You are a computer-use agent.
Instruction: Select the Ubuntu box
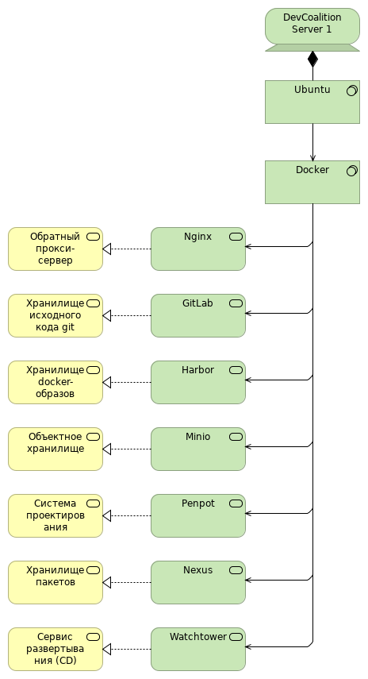pos(312,102)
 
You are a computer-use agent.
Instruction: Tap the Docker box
pos(312,183)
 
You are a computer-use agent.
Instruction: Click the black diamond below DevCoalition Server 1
pos(312,59)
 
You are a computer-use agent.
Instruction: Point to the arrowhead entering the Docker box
pos(312,158)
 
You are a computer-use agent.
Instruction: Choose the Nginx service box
pos(198,249)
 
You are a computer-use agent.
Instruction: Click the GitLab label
pos(197,303)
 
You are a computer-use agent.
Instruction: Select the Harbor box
pos(198,382)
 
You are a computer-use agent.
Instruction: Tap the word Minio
pos(197,437)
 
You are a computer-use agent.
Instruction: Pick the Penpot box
pos(198,515)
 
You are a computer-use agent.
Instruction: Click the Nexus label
pos(197,570)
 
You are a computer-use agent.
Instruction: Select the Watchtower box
pos(198,649)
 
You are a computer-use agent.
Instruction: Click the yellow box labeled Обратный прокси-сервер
pos(56,249)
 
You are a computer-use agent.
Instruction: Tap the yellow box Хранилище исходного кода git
pos(56,316)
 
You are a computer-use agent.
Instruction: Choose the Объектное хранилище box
pos(56,449)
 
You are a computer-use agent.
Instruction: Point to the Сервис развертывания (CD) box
pos(56,649)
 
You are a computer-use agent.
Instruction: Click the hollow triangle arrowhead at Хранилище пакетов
pos(107,582)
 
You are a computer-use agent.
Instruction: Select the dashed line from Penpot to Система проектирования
pos(131,515)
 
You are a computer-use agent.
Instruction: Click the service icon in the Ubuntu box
pos(352,91)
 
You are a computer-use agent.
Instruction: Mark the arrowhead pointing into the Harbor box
pos(248,380)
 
